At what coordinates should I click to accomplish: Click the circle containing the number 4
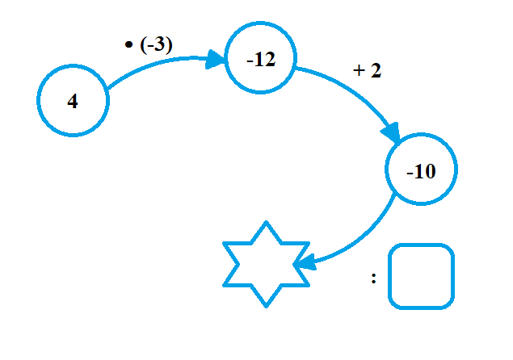73,101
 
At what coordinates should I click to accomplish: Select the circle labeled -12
259,59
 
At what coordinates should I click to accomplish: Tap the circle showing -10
422,170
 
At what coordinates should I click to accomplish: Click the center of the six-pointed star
267,264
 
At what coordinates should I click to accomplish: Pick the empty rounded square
421,277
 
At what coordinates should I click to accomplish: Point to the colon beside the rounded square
374,278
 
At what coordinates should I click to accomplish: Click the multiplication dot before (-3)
128,46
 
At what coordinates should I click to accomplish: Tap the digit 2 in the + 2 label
376,71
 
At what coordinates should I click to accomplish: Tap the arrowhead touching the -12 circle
215,59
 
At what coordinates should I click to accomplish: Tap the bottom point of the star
267,304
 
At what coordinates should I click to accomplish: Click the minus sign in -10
410,172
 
